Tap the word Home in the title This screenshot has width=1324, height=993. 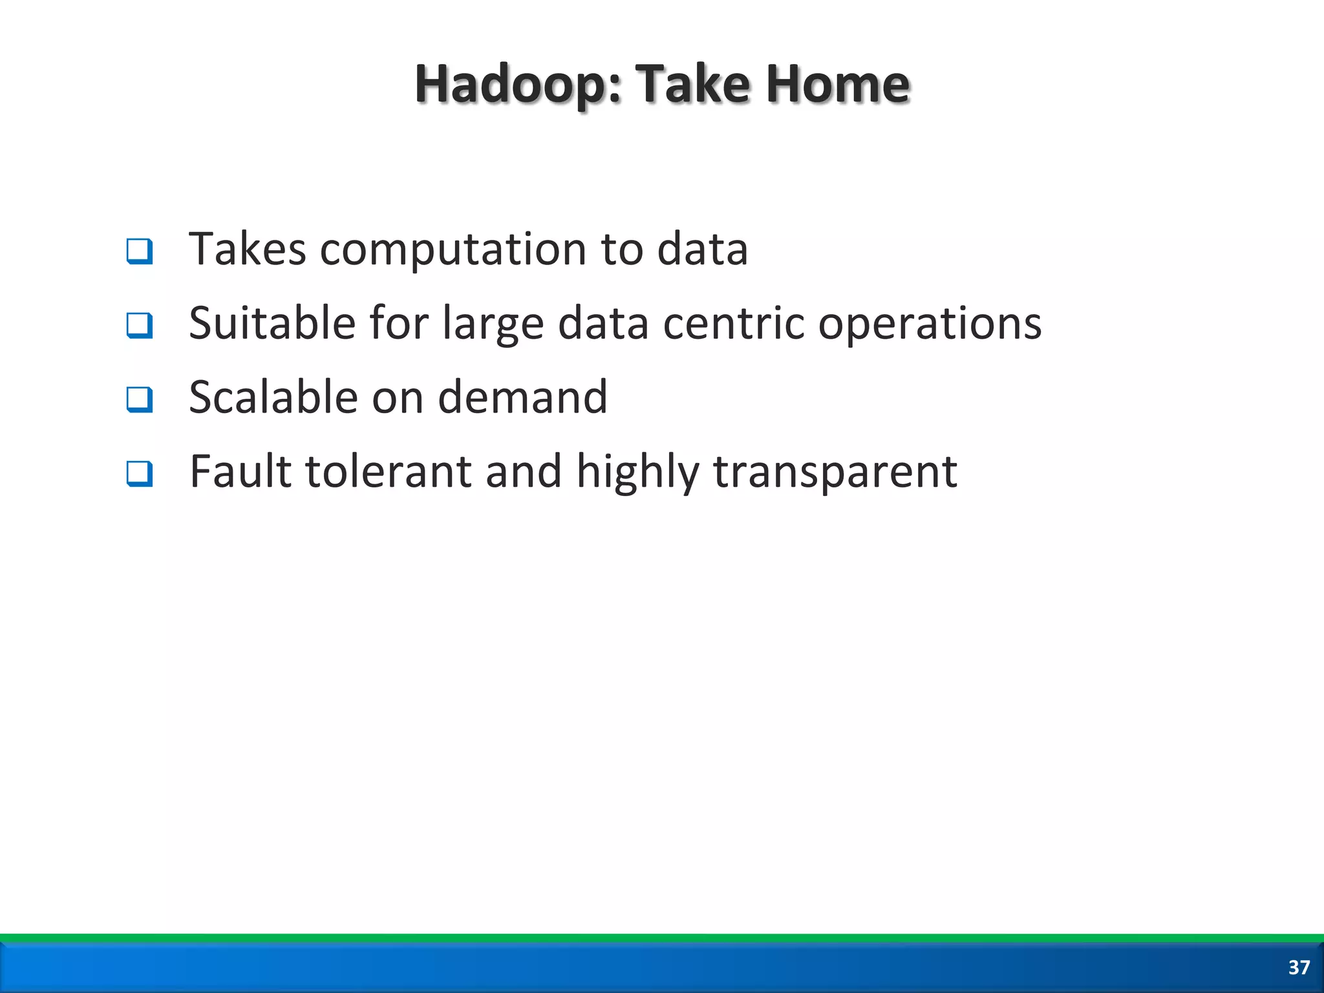point(838,85)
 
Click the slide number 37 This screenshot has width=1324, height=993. point(1299,967)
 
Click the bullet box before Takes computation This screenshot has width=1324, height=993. point(140,251)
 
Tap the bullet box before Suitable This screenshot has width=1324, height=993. point(140,325)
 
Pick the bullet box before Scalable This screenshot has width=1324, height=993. point(140,399)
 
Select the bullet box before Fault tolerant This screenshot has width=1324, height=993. point(140,473)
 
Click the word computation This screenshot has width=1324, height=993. point(453,250)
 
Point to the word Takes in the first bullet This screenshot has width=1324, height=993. point(247,250)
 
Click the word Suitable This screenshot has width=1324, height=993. point(272,323)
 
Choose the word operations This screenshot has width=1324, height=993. point(930,323)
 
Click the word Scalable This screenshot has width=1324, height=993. point(273,397)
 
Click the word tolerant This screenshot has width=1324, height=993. point(388,471)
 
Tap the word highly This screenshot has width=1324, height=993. point(637,471)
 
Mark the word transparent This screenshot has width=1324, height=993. point(835,471)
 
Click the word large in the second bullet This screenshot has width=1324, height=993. point(493,323)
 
